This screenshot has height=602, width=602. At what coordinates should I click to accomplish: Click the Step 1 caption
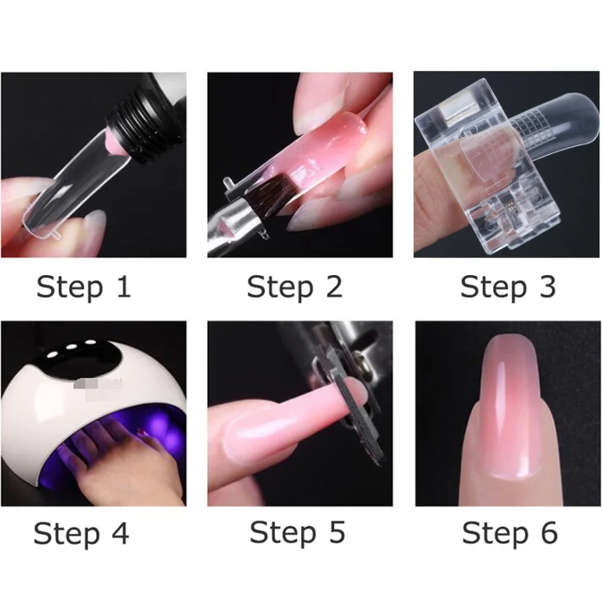84,287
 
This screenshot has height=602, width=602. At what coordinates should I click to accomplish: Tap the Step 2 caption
295,287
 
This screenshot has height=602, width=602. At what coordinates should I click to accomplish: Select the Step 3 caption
508,287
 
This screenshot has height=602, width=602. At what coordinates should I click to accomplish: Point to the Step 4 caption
82,534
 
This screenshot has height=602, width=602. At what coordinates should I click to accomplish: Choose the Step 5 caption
297,533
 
